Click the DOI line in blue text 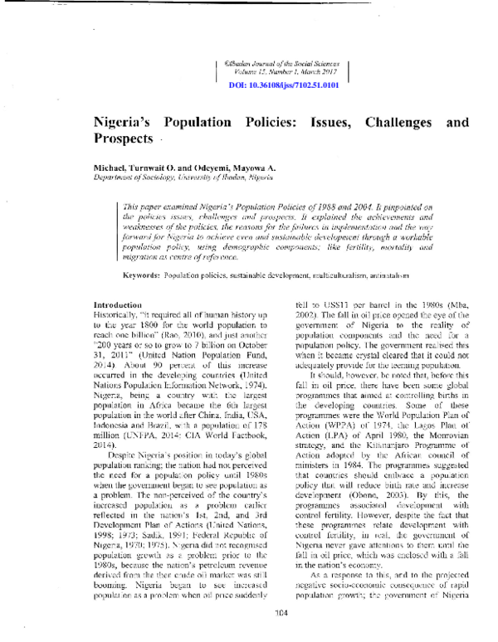point(283,85)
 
